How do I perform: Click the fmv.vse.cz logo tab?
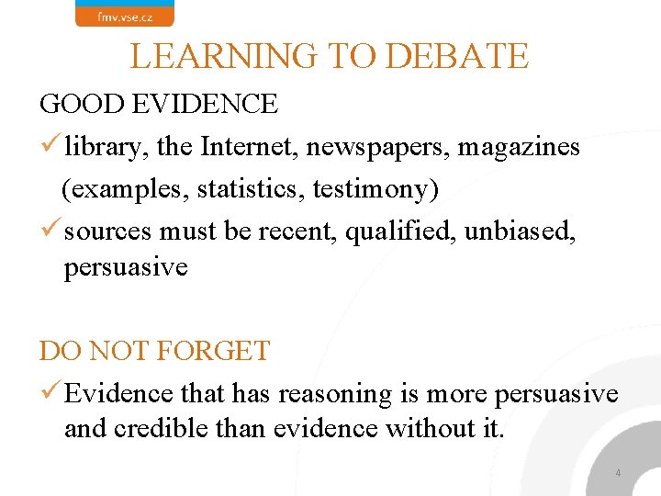tap(124, 14)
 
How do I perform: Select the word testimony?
tap(375, 189)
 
